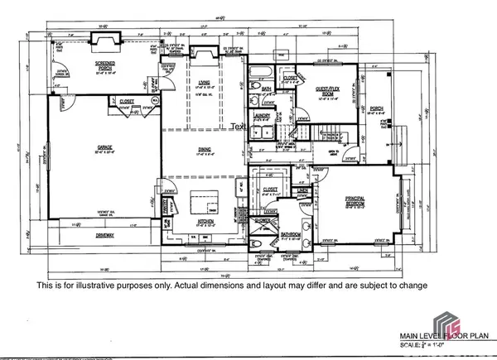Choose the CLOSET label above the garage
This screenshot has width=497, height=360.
127,103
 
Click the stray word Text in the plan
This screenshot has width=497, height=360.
239,127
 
